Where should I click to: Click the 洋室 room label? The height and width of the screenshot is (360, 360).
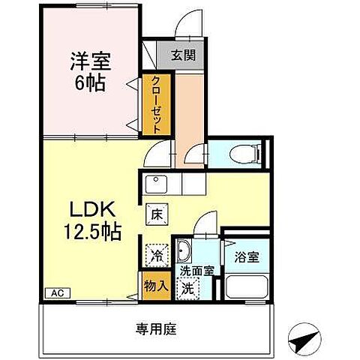tap(87, 58)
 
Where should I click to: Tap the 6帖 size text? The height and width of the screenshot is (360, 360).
tap(87, 80)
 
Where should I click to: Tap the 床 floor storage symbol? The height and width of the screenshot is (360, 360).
tap(156, 214)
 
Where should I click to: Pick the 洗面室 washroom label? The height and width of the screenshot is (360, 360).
tap(194, 271)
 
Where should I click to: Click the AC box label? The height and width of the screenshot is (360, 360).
tap(55, 293)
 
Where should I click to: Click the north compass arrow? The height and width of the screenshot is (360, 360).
tap(305, 341)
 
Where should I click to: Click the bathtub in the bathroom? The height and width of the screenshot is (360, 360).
tap(245, 287)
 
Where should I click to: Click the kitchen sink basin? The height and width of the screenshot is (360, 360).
tap(157, 182)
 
